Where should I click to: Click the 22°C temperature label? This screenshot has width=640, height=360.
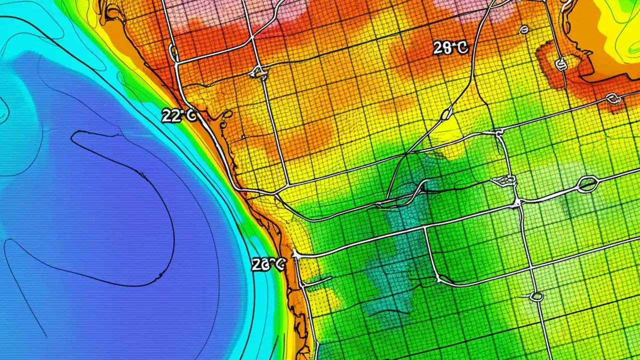coord(179,115)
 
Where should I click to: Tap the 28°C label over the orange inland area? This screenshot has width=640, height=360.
coord(450,48)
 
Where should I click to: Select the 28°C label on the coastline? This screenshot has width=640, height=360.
coord(268,264)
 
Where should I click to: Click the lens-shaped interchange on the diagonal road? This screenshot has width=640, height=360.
coord(446,114)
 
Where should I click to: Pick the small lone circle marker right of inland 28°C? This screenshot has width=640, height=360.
coord(524,30)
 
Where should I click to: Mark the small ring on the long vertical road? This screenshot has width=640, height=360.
coord(536,296)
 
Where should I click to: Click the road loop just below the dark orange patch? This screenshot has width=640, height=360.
coord(613,98)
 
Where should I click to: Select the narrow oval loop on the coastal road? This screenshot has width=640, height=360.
coord(173,52)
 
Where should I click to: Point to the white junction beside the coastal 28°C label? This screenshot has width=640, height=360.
coord(295,254)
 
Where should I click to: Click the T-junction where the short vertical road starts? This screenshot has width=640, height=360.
coord(425,228)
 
